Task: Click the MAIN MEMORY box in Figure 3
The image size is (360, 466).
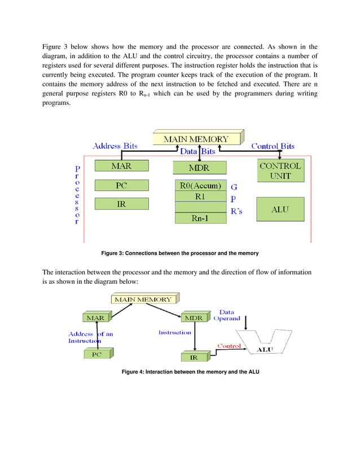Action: (x=196, y=138)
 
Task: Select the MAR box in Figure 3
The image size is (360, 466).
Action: (x=121, y=166)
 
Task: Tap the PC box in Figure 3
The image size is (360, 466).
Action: (x=121, y=185)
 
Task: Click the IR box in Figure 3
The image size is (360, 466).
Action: (x=121, y=204)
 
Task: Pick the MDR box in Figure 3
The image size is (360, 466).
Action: (x=200, y=168)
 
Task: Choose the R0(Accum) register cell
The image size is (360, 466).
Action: (x=200, y=186)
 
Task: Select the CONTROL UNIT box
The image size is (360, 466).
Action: (x=280, y=170)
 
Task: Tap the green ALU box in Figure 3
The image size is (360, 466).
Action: (x=280, y=209)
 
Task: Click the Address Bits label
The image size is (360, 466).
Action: (x=115, y=146)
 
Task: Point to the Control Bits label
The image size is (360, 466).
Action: (x=273, y=146)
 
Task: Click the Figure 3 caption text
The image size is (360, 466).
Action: (x=179, y=253)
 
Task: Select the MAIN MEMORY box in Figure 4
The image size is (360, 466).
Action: (x=143, y=299)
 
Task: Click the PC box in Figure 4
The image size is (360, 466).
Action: (x=96, y=354)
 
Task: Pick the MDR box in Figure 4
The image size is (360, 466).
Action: (x=194, y=318)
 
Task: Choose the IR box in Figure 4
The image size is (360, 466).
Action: (x=194, y=357)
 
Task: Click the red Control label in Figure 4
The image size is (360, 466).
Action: (x=230, y=345)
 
